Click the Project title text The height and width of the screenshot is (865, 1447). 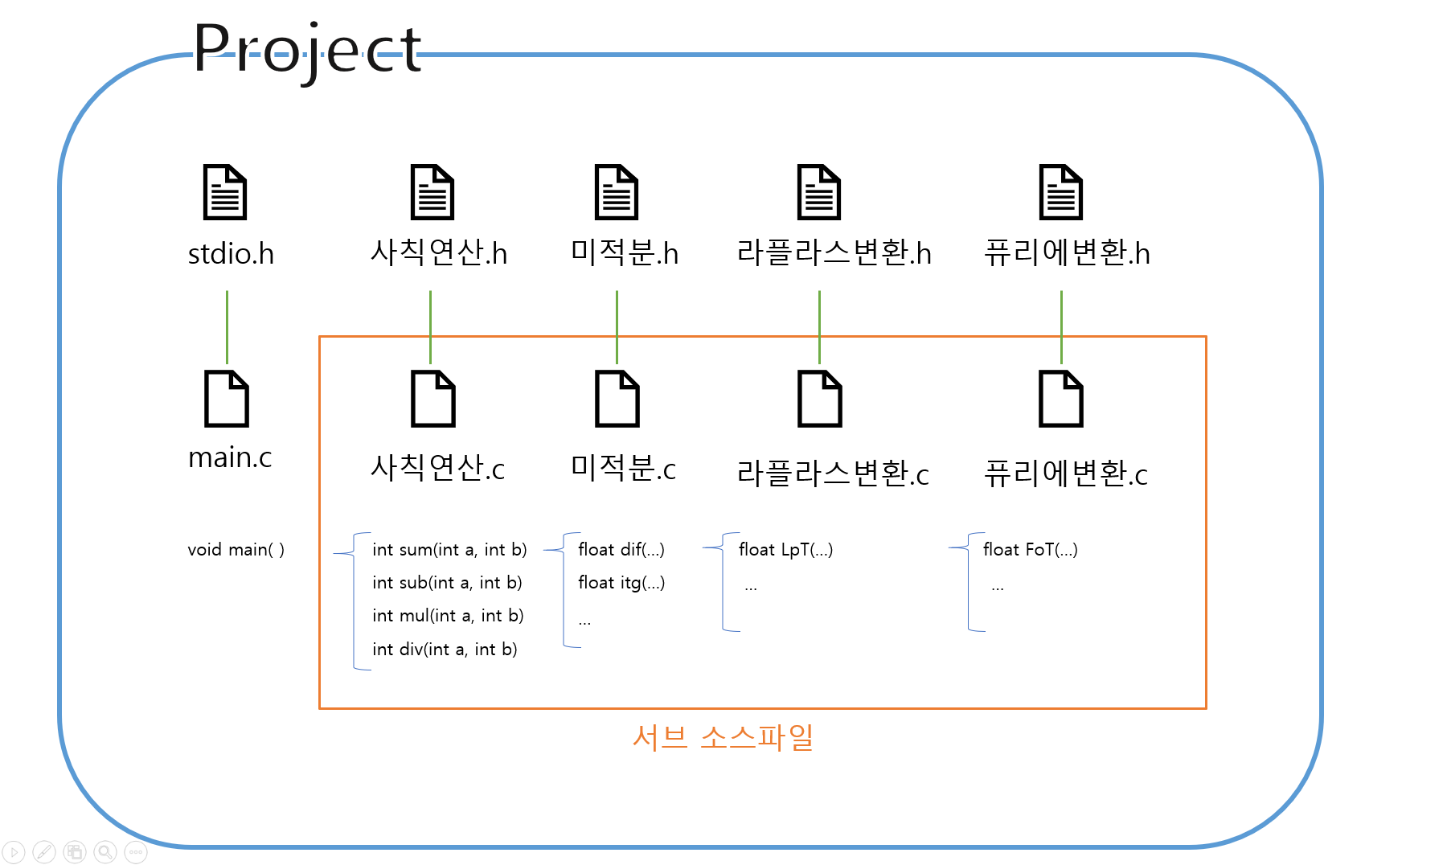tap(307, 50)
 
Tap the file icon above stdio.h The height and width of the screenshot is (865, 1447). tap(224, 192)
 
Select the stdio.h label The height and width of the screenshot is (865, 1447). tap(231, 254)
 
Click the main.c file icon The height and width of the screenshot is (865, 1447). tap(227, 399)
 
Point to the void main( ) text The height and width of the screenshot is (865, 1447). tap(236, 550)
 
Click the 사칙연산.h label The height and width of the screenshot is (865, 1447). tap(438, 252)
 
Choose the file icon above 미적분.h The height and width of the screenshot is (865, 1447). tap(616, 192)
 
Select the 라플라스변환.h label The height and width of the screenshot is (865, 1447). tap(834, 253)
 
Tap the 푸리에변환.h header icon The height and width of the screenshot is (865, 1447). tap(1060, 192)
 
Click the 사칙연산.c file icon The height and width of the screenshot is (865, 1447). tap(432, 399)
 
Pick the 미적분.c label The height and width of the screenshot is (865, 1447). tap(623, 468)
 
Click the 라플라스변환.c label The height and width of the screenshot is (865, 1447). tap(833, 473)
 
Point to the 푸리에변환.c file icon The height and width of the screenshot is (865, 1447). tap(1060, 399)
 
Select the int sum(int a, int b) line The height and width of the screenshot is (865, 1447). tap(449, 550)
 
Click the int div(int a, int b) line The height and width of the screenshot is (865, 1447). tap(445, 650)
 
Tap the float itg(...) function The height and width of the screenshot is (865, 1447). tap(621, 583)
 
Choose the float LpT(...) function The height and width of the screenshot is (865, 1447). tap(785, 550)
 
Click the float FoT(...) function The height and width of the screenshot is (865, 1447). tap(1030, 550)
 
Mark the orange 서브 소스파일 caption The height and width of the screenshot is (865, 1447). tap(723, 737)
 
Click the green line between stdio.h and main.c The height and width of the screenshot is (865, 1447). tap(227, 326)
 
